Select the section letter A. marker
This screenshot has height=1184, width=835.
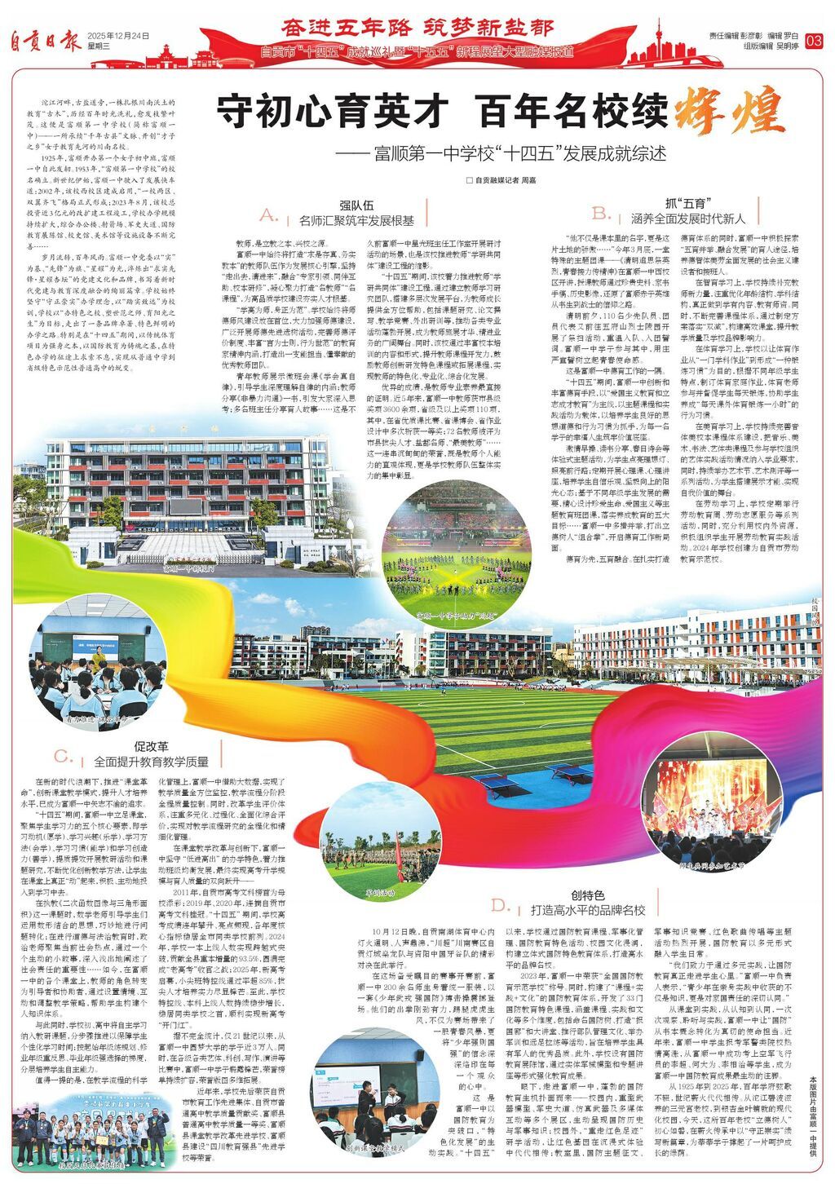(269, 215)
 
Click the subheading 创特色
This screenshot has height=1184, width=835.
(587, 895)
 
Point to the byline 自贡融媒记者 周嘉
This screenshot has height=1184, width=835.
(501, 179)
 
